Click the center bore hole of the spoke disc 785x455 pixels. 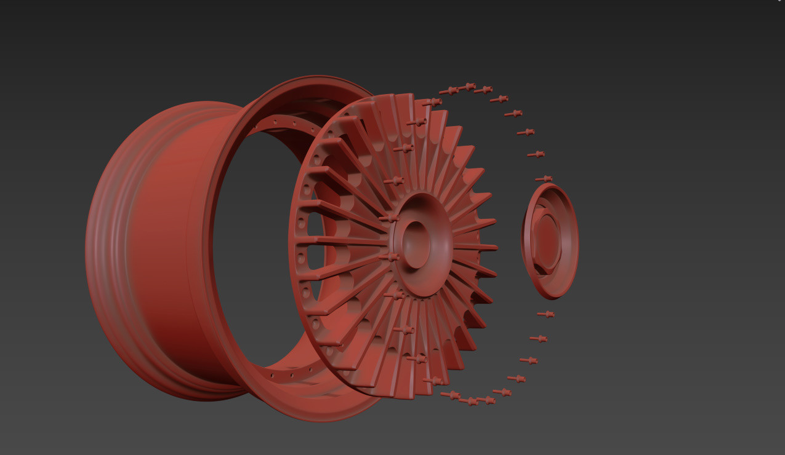click(416, 244)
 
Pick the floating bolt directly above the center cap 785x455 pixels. click(544, 178)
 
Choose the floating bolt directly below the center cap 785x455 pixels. click(545, 314)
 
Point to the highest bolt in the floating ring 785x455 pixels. click(468, 86)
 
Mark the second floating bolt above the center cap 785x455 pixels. click(536, 154)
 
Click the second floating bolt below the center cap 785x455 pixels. click(538, 338)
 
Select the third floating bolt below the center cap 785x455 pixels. click(529, 360)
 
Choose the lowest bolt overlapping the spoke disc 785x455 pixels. click(434, 381)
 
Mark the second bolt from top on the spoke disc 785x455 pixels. click(417, 122)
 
